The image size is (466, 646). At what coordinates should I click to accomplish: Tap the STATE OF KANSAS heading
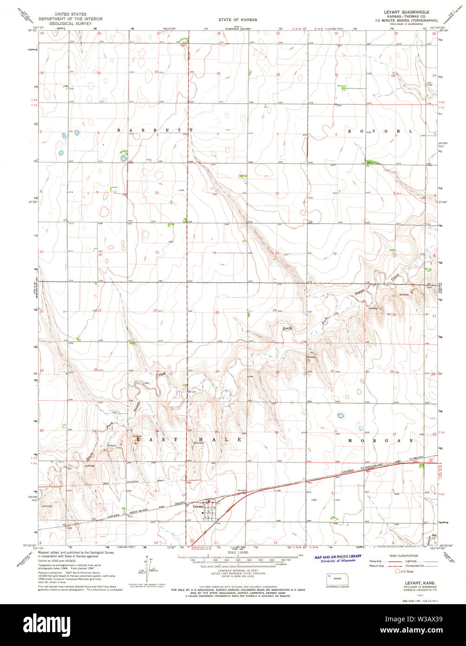[237, 20]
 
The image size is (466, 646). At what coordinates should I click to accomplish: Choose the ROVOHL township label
[380, 132]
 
